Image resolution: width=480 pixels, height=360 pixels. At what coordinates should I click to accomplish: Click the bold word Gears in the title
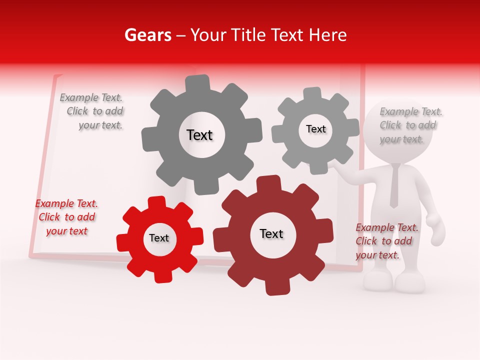147,35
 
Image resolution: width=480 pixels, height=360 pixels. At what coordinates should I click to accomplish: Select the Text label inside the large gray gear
199,135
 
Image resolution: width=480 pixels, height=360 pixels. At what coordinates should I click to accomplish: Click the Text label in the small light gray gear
315,129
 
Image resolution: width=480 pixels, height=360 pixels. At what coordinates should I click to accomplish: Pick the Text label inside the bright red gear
159,238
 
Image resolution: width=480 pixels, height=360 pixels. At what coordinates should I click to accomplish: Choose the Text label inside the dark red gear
271,233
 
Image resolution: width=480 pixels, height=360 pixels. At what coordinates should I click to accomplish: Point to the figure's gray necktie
394,185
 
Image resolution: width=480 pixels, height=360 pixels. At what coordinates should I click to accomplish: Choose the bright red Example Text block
66,217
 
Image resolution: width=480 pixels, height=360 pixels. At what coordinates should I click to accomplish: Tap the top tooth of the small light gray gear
312,94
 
